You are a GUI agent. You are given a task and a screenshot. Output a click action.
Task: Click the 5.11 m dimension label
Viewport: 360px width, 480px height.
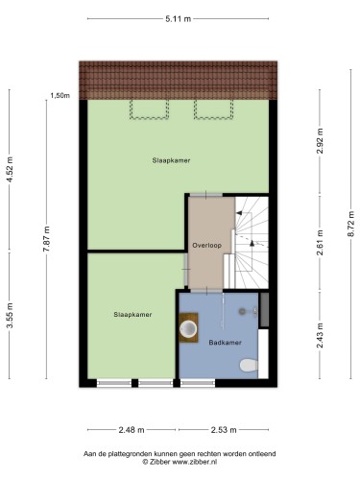(x=178, y=19)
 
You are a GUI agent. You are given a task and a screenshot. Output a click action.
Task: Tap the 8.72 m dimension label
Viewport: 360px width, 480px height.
(x=350, y=224)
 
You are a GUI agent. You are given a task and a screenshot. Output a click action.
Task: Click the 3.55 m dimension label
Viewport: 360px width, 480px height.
(x=10, y=315)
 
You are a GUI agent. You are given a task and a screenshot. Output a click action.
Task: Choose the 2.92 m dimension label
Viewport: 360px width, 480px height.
(x=320, y=141)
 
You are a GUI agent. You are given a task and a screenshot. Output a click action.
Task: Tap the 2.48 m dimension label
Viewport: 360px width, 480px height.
(x=132, y=430)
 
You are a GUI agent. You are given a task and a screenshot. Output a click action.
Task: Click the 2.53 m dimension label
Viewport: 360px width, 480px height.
(x=224, y=430)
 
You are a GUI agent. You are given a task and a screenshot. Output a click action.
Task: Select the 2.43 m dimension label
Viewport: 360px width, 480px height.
(x=320, y=336)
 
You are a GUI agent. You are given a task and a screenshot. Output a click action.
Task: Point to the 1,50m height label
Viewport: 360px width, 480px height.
(x=60, y=95)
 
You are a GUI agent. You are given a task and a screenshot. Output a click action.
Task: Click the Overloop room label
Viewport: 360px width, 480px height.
(x=206, y=246)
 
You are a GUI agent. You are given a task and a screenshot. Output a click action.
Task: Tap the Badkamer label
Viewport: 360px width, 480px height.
(x=225, y=343)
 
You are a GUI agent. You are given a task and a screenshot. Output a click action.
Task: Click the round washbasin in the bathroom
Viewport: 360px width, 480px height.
(x=188, y=329)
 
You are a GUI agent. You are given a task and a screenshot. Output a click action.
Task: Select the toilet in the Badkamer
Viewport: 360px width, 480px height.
(x=249, y=365)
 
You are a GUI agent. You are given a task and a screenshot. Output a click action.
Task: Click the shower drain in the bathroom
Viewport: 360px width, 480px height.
(x=242, y=311)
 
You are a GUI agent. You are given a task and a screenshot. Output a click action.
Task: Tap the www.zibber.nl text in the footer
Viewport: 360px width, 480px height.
(x=195, y=462)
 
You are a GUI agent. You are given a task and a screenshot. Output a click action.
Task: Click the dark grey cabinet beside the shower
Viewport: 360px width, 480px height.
(x=264, y=309)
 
